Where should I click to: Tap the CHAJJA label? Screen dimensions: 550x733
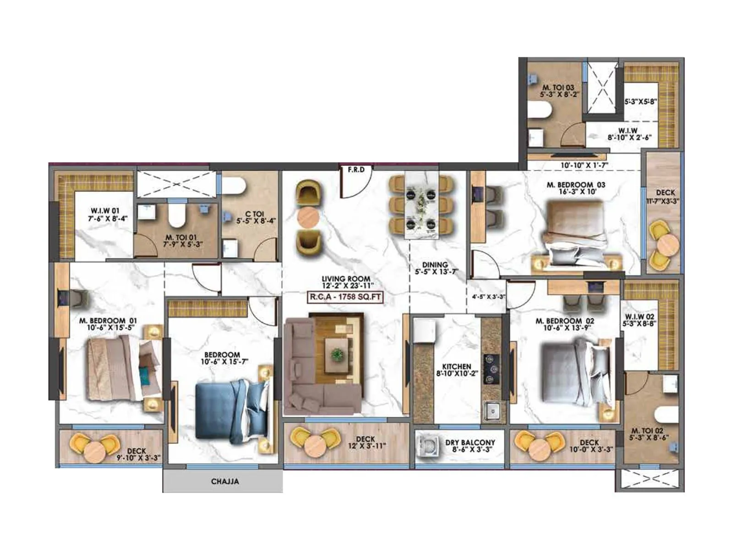point(225,482)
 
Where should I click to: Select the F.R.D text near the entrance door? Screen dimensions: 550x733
point(356,170)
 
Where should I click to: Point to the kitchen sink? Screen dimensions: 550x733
point(492,410)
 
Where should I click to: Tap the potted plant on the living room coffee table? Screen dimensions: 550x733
point(337,354)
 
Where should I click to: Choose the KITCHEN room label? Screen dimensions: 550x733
point(457,369)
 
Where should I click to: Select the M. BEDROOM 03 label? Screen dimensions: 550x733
point(575,188)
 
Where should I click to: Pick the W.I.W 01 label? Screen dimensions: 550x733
point(104,214)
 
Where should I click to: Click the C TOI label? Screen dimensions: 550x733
point(255,217)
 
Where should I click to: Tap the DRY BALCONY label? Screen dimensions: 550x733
point(470,445)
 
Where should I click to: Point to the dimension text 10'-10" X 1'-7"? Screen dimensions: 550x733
point(584,165)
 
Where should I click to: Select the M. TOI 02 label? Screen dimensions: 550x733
point(647,434)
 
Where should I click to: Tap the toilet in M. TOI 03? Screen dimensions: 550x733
point(539,110)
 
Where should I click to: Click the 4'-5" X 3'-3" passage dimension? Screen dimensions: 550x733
point(488,297)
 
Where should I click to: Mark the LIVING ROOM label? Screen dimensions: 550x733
point(345,281)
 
